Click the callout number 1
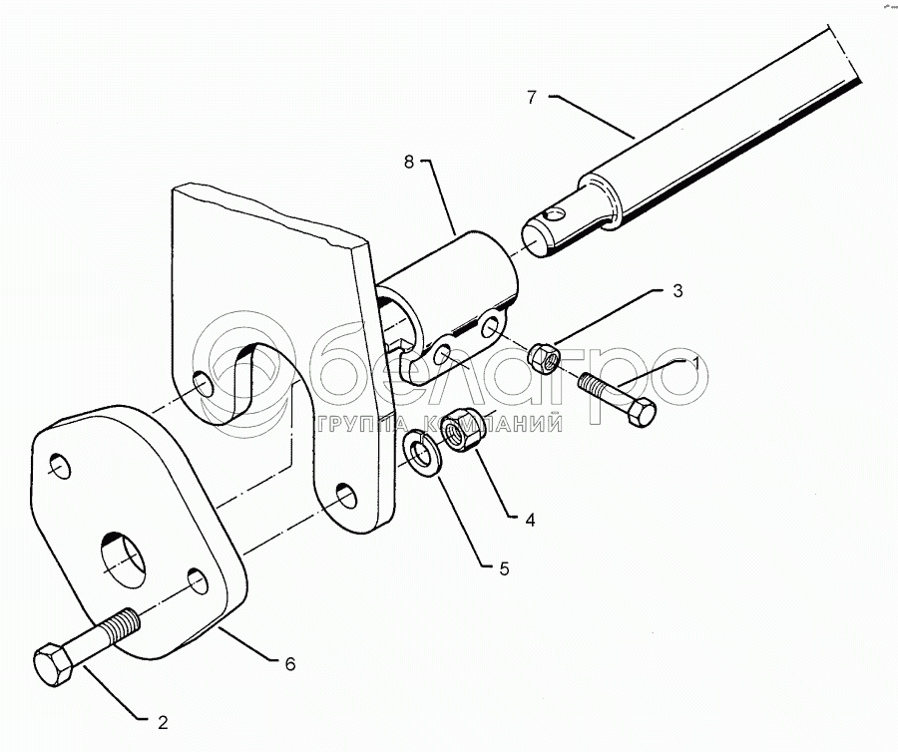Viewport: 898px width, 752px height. [695, 365]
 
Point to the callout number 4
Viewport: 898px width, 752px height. [530, 520]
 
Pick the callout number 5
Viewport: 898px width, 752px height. [505, 569]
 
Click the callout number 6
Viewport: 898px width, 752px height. [288, 662]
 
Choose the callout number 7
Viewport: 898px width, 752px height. [532, 97]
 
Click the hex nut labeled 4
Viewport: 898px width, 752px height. [464, 429]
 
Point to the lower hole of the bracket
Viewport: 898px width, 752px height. [345, 495]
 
